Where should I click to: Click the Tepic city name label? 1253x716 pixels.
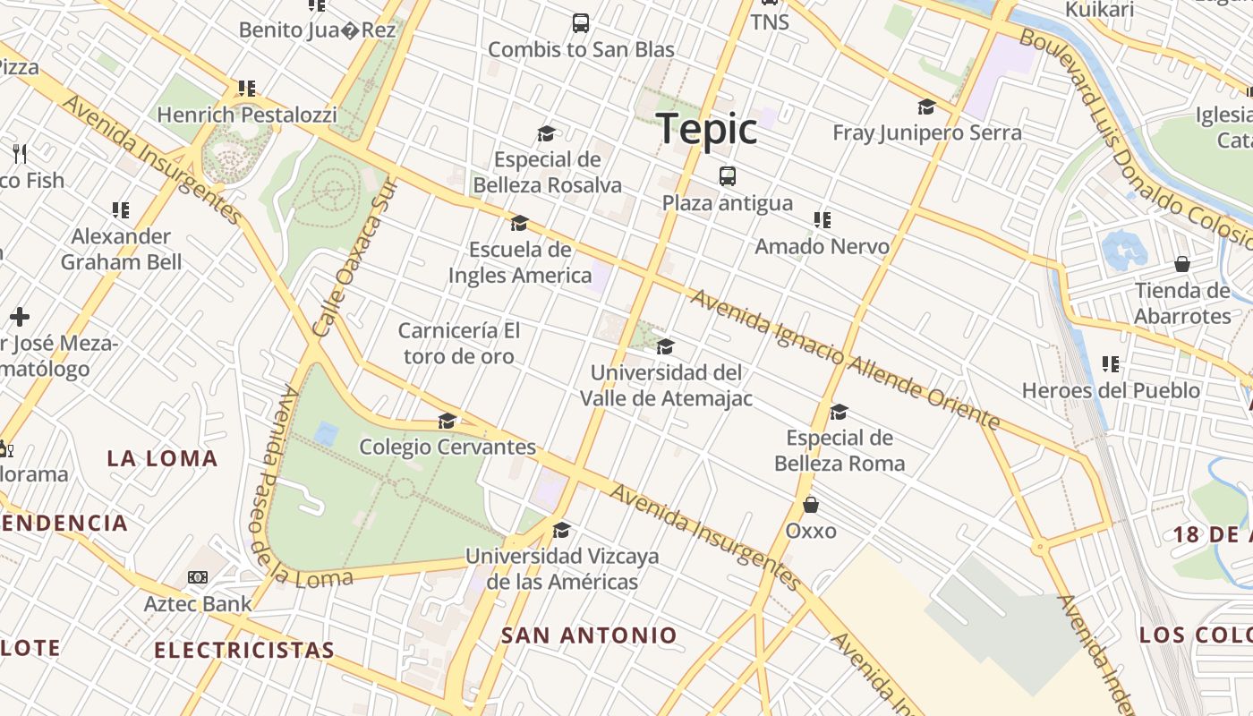[x=707, y=130]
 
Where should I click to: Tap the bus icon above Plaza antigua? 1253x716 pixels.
[x=728, y=176]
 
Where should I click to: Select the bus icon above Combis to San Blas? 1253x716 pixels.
[x=581, y=23]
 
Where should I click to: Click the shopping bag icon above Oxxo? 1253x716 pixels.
[x=811, y=505]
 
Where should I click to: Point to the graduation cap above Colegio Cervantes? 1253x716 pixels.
[x=447, y=421]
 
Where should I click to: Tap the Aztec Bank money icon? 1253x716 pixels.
[x=198, y=577]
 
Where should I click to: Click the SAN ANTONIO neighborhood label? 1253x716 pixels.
[x=589, y=636]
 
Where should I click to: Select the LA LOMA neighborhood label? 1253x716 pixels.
[x=162, y=459]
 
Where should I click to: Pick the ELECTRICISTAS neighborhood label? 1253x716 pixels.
[x=244, y=650]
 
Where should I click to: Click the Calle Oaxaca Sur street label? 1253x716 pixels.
[x=354, y=258]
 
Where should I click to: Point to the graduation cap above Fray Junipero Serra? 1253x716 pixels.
[x=926, y=107]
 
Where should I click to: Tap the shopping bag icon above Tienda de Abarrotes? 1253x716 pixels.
[x=1182, y=264]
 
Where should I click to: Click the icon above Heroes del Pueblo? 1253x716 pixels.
[x=1111, y=364]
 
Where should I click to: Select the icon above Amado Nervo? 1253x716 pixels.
[x=822, y=219]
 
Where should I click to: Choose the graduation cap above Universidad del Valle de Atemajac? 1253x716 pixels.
[x=665, y=346]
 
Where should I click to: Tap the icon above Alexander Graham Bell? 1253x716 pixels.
[x=121, y=210]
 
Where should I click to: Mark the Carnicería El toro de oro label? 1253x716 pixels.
[x=459, y=344]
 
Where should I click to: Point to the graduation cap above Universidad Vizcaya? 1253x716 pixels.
[x=561, y=530]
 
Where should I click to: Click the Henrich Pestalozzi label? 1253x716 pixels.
[x=247, y=115]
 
